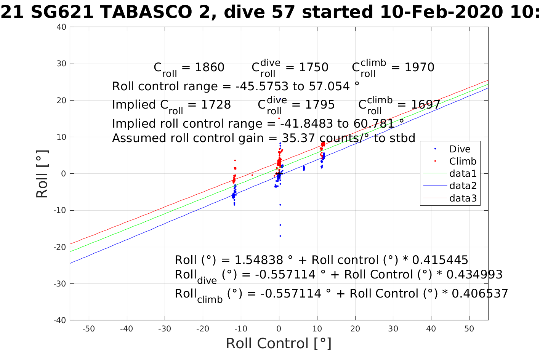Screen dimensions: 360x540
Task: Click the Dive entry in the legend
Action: coord(460,149)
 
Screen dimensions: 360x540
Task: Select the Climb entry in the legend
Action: coord(463,161)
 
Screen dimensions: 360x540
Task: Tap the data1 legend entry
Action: coord(463,173)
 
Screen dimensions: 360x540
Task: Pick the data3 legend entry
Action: coord(463,198)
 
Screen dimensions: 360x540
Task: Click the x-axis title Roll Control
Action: coord(279,343)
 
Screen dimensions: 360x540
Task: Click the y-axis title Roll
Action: coord(42,174)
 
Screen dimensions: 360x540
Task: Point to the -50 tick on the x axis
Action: coord(88,329)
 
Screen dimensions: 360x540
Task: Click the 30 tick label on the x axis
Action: coord(393,329)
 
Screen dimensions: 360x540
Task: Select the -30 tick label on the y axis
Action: coord(60,284)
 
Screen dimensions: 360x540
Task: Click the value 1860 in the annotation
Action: coord(210,67)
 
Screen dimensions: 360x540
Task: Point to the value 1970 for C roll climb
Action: coord(419,67)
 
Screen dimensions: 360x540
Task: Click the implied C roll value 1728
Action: coord(216,105)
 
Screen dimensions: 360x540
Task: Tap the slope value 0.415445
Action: coord(440,260)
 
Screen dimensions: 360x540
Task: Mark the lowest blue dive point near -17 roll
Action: coord(280,236)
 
